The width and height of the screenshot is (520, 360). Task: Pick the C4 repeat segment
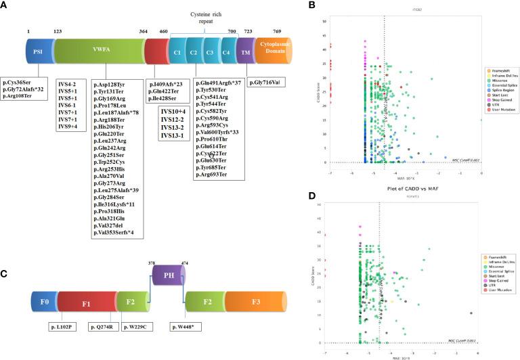tap(225, 51)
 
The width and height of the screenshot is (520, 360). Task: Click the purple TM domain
tap(247, 51)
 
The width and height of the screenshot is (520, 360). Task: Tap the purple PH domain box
tap(167, 274)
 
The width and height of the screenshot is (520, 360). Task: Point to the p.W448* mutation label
tap(188, 327)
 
